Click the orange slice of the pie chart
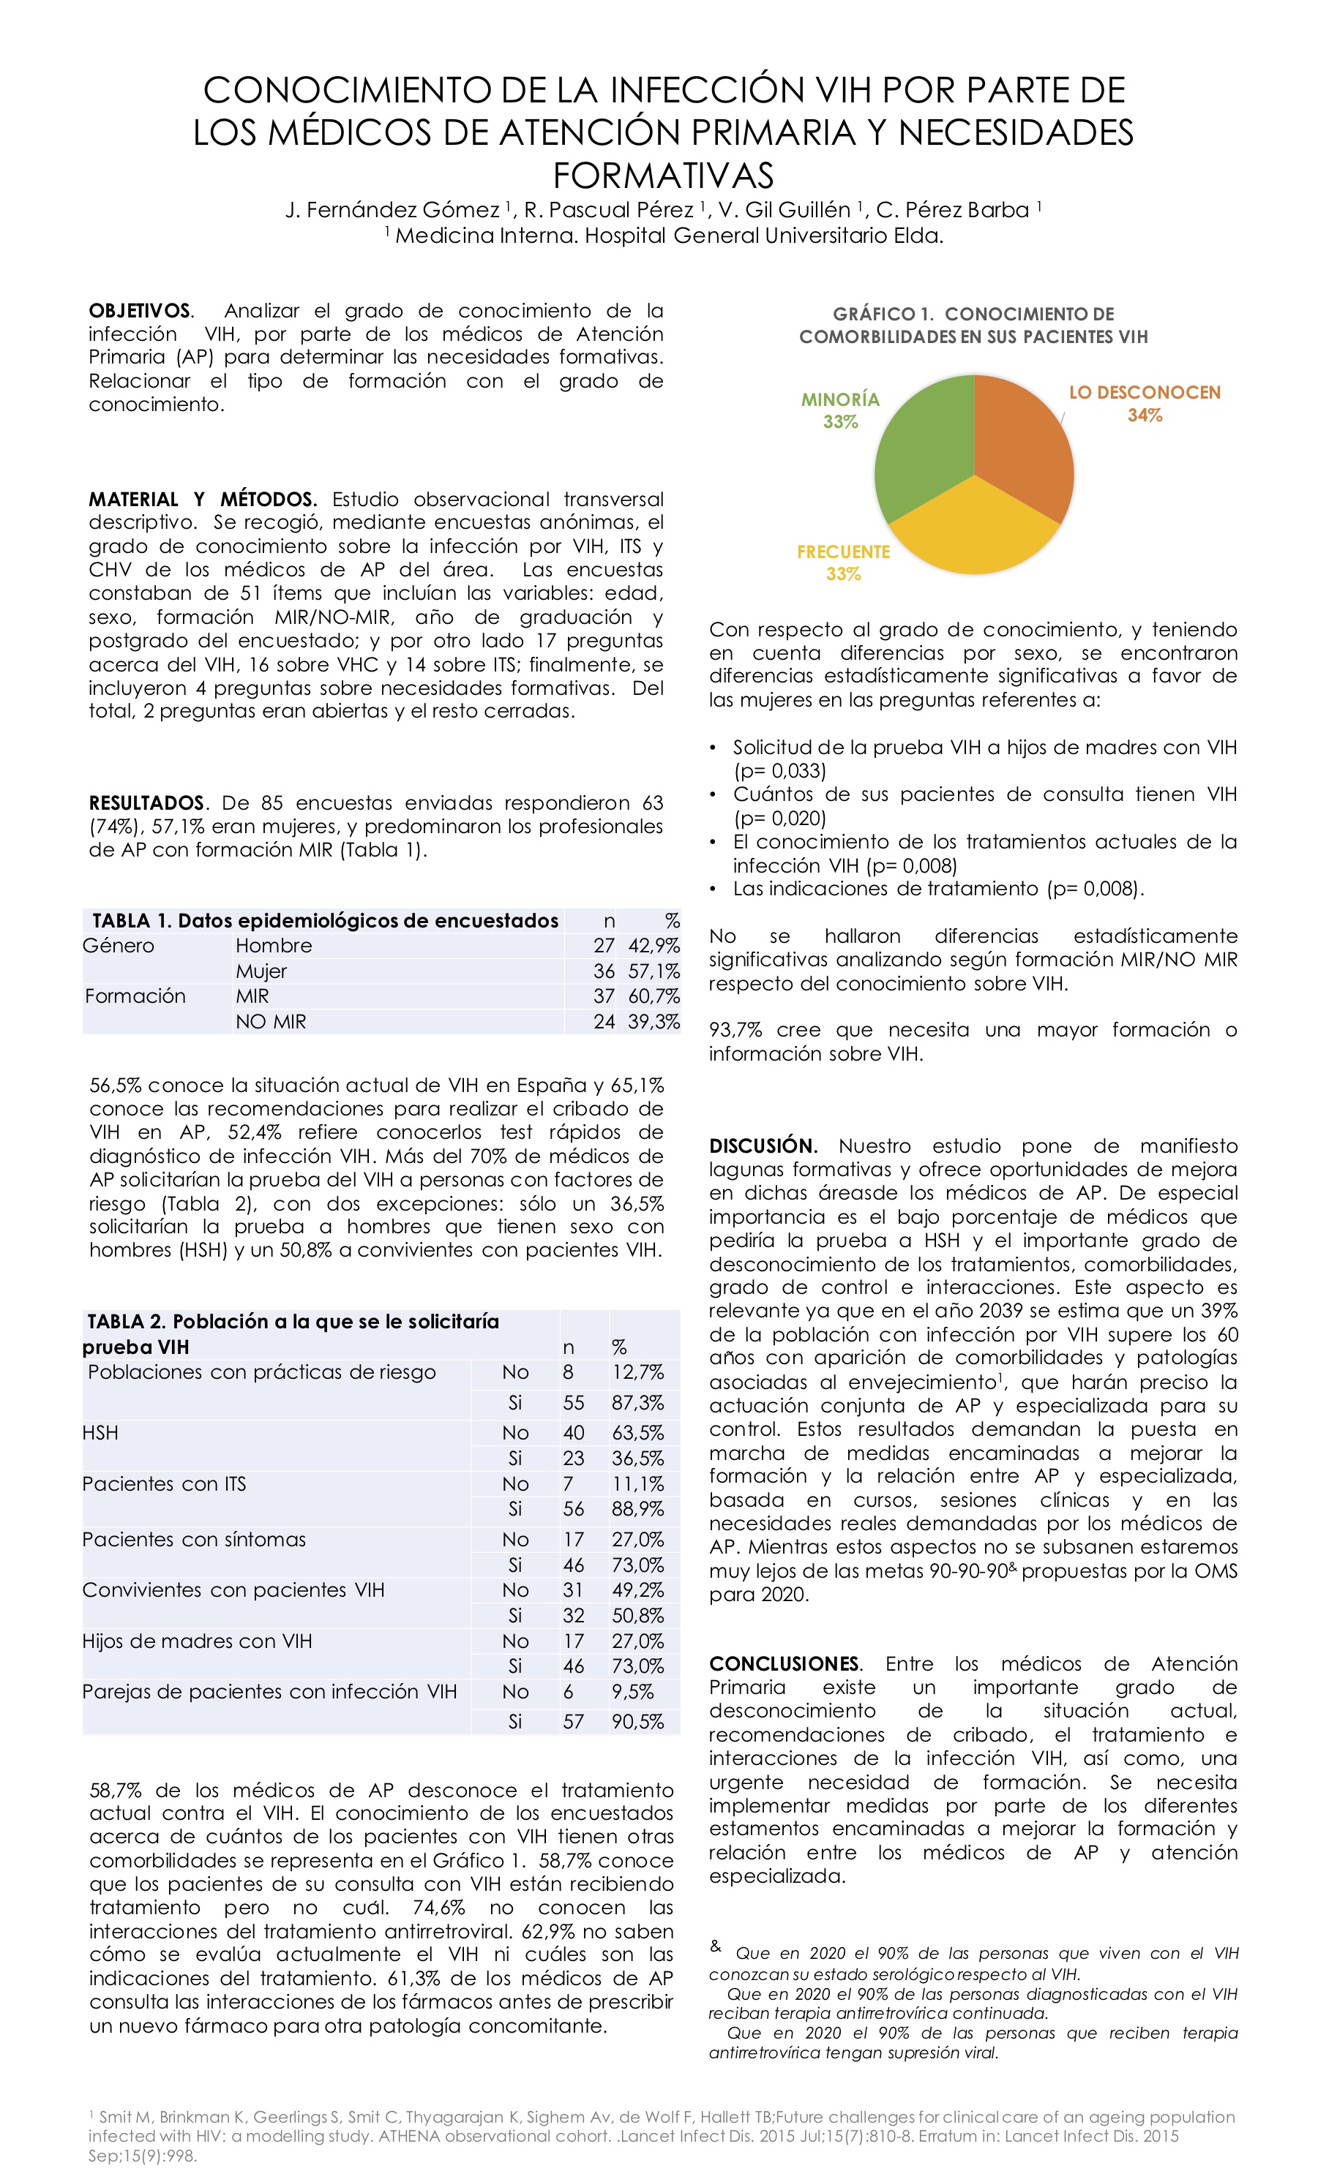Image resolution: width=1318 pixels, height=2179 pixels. [1022, 443]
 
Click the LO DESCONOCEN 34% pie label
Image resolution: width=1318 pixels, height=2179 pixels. [1144, 403]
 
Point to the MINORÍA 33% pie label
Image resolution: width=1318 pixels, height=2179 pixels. [840, 410]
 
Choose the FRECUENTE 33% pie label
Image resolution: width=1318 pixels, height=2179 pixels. [843, 562]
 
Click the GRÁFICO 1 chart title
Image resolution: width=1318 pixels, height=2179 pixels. [973, 325]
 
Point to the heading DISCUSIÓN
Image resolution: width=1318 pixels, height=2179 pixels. [763, 1146]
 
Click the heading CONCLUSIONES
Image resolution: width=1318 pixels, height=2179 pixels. [784, 1663]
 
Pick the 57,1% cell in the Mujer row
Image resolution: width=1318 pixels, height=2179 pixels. [654, 971]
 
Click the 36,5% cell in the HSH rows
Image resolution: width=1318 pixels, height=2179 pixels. [637, 1459]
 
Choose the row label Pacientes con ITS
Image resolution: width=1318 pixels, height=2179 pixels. [164, 1484]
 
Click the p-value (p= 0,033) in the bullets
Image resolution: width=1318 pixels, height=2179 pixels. [779, 770]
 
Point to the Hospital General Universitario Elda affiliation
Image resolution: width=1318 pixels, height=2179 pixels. [668, 236]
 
